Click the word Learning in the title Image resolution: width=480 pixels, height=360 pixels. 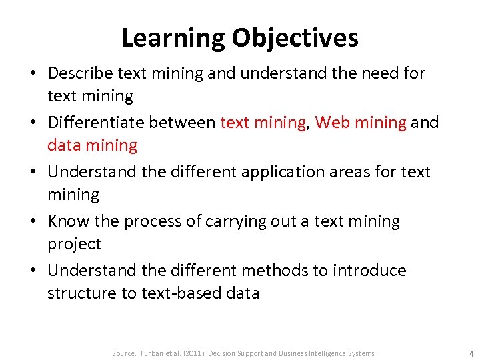tap(173, 38)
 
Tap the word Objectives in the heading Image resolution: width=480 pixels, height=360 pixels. tap(295, 38)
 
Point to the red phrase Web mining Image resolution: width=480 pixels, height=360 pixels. tap(361, 122)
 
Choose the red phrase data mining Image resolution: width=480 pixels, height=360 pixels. tap(92, 145)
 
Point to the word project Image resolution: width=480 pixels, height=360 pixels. tap(74, 244)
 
